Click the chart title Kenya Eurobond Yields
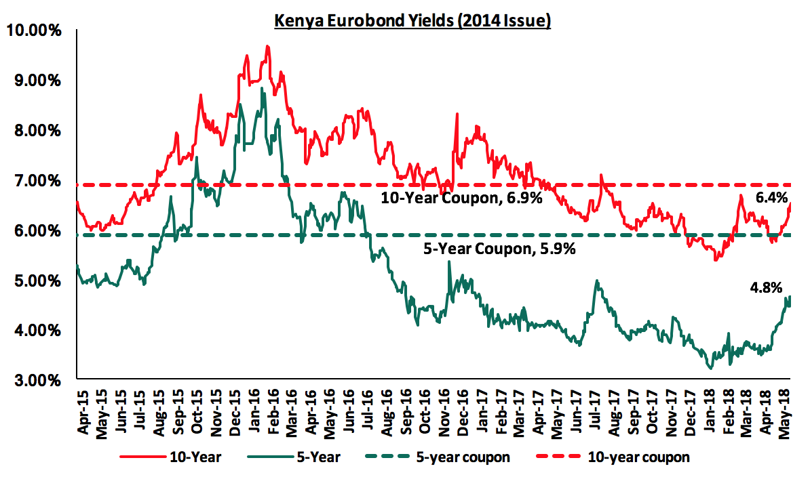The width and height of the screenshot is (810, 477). tap(412, 21)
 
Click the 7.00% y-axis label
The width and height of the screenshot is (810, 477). tap(37, 181)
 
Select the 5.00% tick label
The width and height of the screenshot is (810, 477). tap(37, 281)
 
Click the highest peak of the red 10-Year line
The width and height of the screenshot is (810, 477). tap(268, 46)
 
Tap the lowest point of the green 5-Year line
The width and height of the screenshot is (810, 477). tap(710, 368)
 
